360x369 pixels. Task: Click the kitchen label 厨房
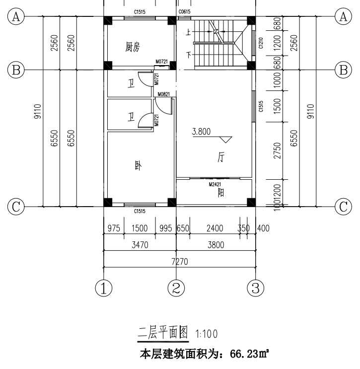tap(133, 47)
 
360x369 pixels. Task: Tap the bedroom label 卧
tap(138, 166)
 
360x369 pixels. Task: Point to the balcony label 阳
tap(220, 193)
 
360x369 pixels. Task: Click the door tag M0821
tap(163, 94)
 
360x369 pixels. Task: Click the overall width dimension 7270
tap(180, 261)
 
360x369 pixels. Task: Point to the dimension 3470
tap(140, 244)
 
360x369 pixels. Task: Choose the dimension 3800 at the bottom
tap(215, 244)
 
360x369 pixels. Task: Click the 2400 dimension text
tap(215, 228)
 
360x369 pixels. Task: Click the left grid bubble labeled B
tap(16, 70)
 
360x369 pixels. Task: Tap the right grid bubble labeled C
tap(343, 205)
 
